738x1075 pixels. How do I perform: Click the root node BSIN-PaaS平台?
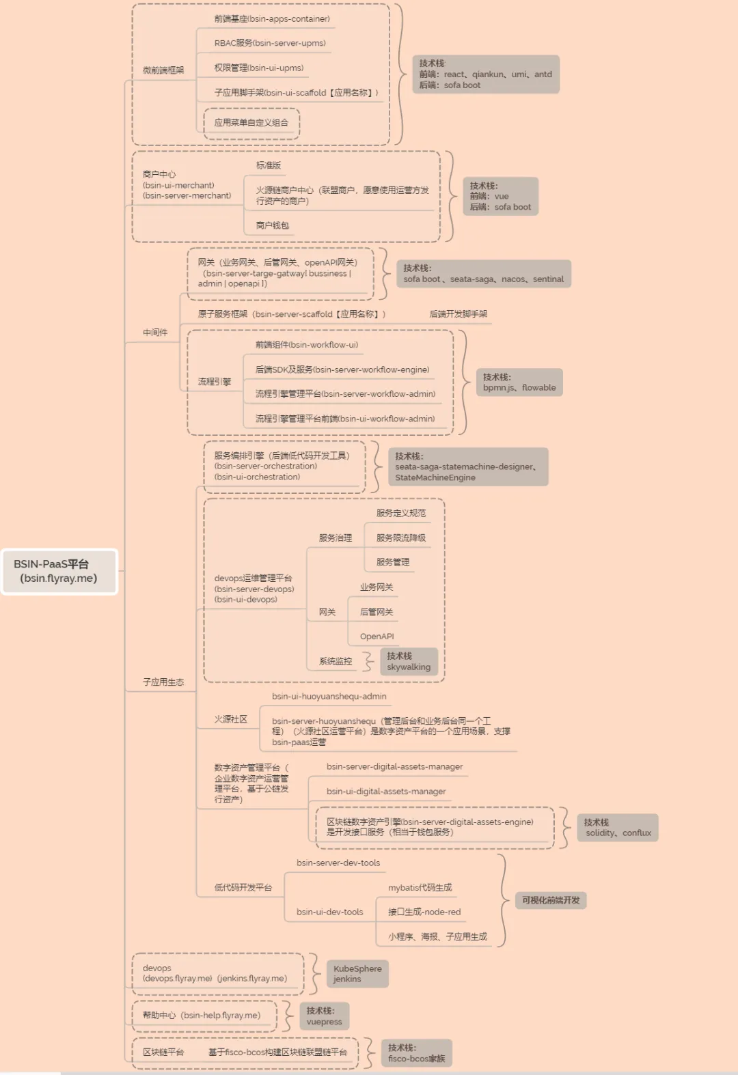59,572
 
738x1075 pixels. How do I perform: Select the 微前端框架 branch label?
163,70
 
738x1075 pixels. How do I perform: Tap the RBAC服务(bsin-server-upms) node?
270,43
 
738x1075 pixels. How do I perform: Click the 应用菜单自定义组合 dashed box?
251,123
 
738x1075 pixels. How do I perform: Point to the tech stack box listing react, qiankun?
486,74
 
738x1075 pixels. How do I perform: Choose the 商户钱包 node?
273,225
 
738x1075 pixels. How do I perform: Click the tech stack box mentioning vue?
500,197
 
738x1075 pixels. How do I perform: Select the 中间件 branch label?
155,333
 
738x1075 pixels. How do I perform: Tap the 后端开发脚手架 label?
459,314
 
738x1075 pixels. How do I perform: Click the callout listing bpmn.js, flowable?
519,382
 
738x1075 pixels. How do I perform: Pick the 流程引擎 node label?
215,382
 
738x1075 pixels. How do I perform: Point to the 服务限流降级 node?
401,538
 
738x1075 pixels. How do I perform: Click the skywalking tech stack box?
409,662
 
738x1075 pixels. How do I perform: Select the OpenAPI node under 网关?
377,637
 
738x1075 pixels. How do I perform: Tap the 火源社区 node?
231,719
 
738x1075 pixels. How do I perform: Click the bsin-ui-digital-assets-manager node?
386,792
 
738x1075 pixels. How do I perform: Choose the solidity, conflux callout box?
618,828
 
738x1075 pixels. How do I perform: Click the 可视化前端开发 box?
551,900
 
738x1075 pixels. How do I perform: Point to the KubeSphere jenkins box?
357,974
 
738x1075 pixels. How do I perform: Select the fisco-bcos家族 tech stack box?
416,1053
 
